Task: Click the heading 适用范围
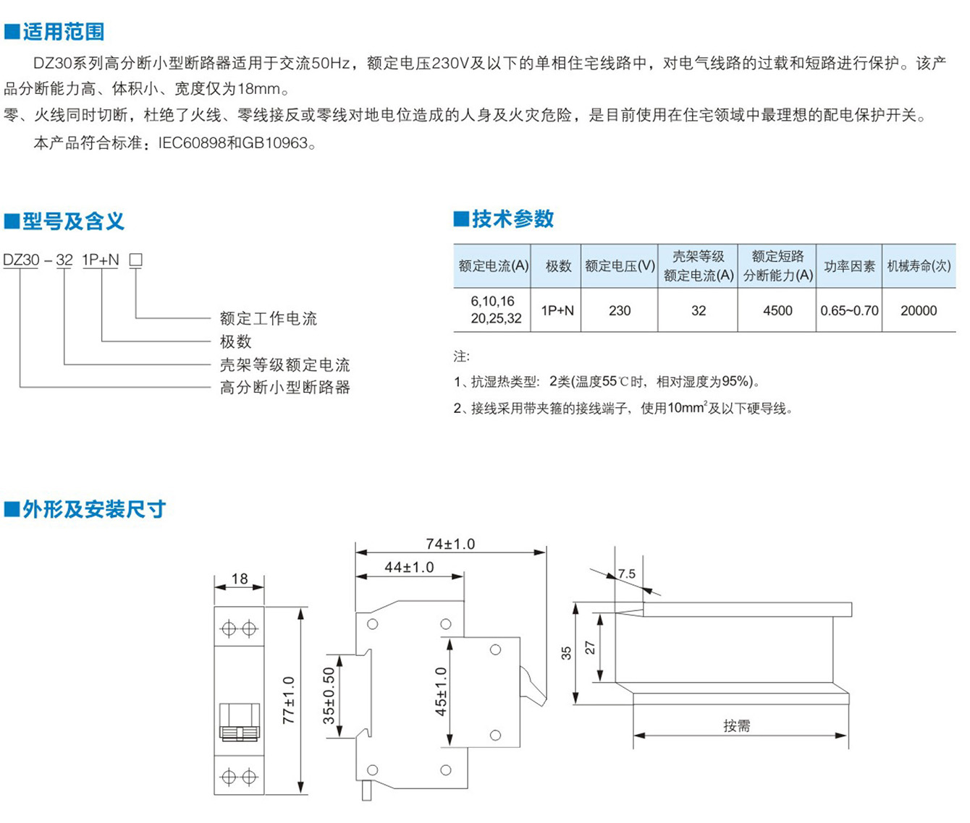click(x=64, y=32)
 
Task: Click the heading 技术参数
click(x=513, y=219)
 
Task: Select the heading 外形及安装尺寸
click(x=94, y=509)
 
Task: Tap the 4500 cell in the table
click(x=777, y=310)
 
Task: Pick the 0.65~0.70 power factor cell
click(x=849, y=310)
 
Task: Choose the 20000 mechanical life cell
click(x=919, y=310)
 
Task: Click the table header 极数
click(x=558, y=266)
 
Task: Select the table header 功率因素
click(x=849, y=266)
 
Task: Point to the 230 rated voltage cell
click(x=620, y=310)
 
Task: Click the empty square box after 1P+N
click(x=135, y=260)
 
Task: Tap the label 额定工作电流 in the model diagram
click(x=269, y=318)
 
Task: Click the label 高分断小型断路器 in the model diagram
click(x=285, y=388)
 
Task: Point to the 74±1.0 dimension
click(x=450, y=544)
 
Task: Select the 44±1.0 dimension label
click(x=409, y=568)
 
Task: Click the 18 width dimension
click(x=240, y=579)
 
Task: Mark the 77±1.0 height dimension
click(x=289, y=700)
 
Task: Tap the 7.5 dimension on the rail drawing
click(x=626, y=573)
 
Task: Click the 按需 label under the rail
click(x=736, y=726)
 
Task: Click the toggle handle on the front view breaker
click(x=240, y=722)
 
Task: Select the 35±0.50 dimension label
click(x=329, y=696)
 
